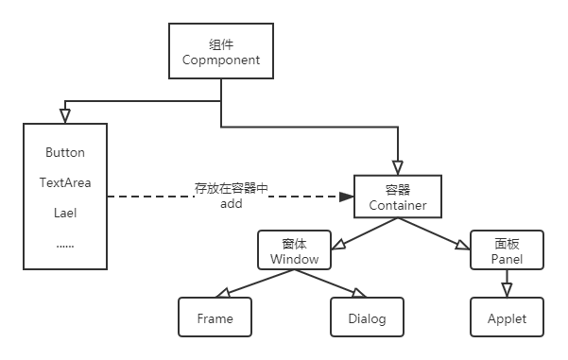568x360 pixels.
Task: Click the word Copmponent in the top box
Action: coord(220,61)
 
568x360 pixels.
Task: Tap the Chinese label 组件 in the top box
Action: coord(220,44)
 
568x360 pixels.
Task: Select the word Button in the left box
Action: coord(64,152)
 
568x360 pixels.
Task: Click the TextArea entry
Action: coord(64,181)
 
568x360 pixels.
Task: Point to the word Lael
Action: coord(64,213)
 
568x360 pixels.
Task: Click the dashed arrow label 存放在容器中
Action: coord(232,189)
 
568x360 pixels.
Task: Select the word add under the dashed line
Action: coord(232,203)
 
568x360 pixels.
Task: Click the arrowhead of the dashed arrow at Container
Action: coord(346,197)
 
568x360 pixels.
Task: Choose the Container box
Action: coord(398,197)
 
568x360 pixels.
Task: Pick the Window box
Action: coord(294,249)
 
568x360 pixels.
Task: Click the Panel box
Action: coord(507,249)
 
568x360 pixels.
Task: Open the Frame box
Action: coord(215,317)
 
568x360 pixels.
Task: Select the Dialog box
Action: coord(367,317)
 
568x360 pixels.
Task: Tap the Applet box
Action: coord(507,317)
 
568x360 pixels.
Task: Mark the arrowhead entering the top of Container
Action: coord(398,167)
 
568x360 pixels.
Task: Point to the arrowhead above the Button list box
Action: coord(64,114)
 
